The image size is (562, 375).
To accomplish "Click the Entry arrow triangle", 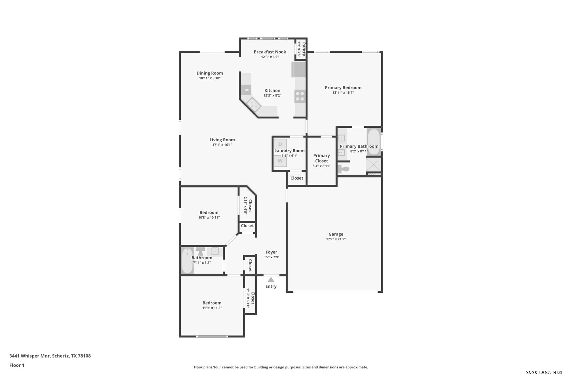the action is [271, 280].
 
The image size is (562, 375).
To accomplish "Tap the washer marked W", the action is [280, 161].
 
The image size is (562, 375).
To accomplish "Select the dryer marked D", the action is [280, 144].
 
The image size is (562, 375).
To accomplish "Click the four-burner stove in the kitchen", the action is [300, 96].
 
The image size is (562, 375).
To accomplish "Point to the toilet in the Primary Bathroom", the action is [343, 169].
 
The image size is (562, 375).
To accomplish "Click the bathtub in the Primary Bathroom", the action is [374, 142].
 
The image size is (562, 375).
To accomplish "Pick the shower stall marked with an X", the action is [374, 165].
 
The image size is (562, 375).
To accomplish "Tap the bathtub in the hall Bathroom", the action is [187, 261].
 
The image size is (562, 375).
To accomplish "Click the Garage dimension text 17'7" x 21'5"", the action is [336, 239].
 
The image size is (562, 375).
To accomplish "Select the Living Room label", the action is [222, 140].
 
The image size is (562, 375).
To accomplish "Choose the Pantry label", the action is [304, 49].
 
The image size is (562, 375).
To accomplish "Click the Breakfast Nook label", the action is [270, 52].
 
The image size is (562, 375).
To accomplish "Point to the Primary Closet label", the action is [321, 158].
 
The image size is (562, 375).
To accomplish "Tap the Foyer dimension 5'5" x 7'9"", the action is [271, 257].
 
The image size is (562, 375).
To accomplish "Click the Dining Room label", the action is [210, 73].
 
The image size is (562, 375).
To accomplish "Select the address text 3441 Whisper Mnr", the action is [30, 356].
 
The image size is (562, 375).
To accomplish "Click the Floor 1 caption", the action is [17, 365].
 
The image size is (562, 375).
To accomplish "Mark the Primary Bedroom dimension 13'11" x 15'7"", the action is [343, 92].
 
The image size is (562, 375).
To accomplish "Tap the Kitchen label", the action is [272, 90].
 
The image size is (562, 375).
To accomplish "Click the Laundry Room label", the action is [289, 151].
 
